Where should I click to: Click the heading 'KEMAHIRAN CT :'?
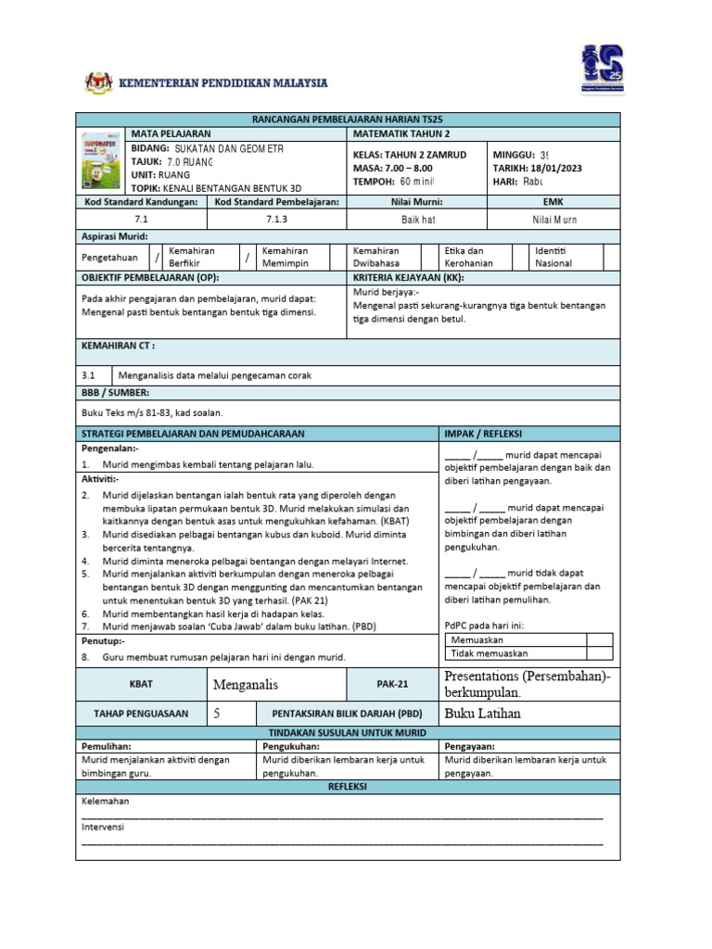(x=119, y=345)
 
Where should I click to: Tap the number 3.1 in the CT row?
(x=89, y=375)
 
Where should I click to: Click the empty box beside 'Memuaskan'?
(x=599, y=639)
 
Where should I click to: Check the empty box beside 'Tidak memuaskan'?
(x=599, y=653)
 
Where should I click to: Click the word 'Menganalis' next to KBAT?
(x=246, y=685)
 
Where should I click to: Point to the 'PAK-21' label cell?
(x=390, y=685)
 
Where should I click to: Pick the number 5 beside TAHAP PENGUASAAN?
(x=217, y=714)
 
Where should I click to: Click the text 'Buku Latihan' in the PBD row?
(x=483, y=714)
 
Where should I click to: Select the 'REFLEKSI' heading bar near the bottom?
(x=348, y=786)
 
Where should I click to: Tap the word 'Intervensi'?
(x=102, y=826)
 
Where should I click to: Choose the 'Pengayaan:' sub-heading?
(x=470, y=745)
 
